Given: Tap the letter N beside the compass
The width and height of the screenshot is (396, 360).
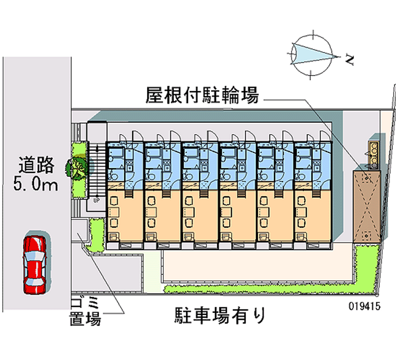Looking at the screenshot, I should pos(349,60).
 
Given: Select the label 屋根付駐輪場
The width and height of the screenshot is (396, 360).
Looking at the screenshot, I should pos(202,95).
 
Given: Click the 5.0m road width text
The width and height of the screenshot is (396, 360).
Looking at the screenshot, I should pos(36,185).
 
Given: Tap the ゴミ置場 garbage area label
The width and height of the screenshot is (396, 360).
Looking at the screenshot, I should pos(86,311).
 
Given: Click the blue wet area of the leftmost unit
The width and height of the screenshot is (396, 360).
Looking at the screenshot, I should pos(124,161).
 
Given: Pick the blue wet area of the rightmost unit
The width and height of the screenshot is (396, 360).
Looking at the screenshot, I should pos(312,161).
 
